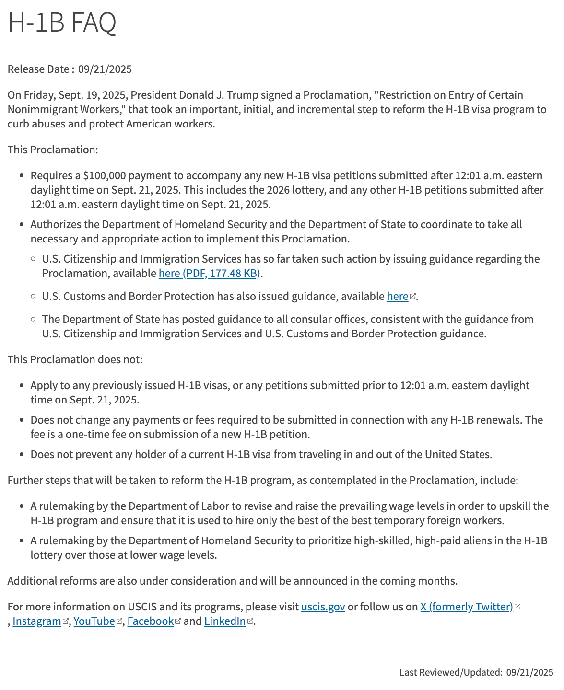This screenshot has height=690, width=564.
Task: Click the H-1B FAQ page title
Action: tap(62, 23)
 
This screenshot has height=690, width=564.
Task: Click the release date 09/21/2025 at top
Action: tap(105, 69)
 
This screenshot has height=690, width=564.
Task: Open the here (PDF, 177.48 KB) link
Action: tap(210, 274)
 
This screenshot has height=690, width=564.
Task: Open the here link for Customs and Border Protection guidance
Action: tap(397, 297)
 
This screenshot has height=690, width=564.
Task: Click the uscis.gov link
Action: tap(323, 607)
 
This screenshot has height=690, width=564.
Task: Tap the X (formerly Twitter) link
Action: tap(466, 607)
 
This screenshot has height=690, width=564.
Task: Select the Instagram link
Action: tap(37, 621)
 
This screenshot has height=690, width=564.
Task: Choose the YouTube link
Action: tap(94, 621)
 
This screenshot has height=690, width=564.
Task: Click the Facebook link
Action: tap(150, 621)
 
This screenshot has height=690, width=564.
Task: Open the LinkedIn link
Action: tap(224, 621)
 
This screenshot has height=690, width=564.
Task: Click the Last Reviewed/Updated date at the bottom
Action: tap(529, 673)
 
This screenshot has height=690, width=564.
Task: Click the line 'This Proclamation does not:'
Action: tap(75, 360)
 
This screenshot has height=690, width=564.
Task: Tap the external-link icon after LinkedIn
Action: tap(250, 621)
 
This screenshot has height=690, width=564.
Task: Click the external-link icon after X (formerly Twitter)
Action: tap(517, 607)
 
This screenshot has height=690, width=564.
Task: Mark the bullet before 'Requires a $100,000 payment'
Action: tap(22, 176)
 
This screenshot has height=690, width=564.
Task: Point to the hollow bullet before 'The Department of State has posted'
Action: tap(33, 319)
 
